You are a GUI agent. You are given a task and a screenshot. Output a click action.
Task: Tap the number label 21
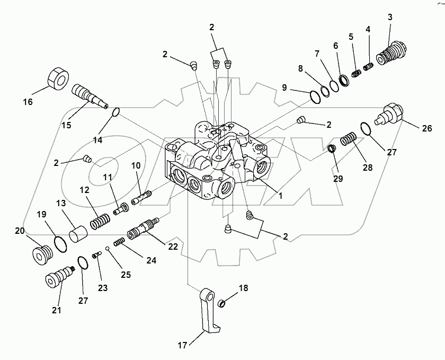56,310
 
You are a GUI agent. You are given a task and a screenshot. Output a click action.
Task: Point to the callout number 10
136,165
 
